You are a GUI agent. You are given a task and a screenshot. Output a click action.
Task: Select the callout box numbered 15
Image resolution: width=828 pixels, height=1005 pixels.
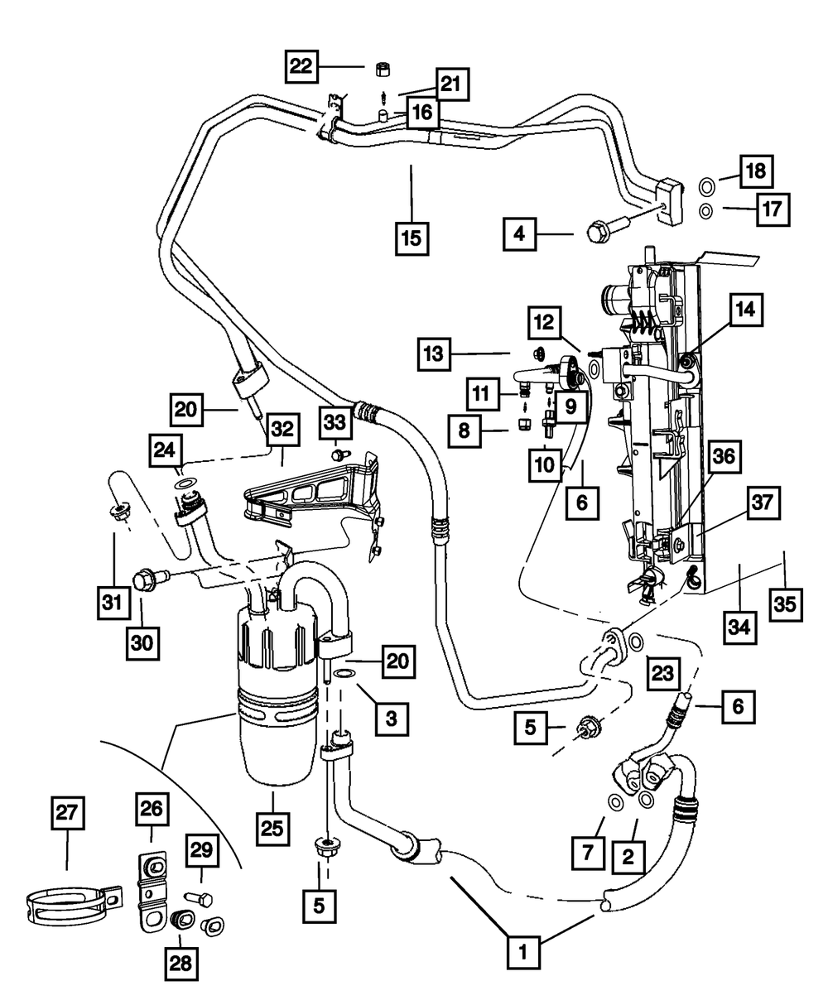(x=411, y=238)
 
